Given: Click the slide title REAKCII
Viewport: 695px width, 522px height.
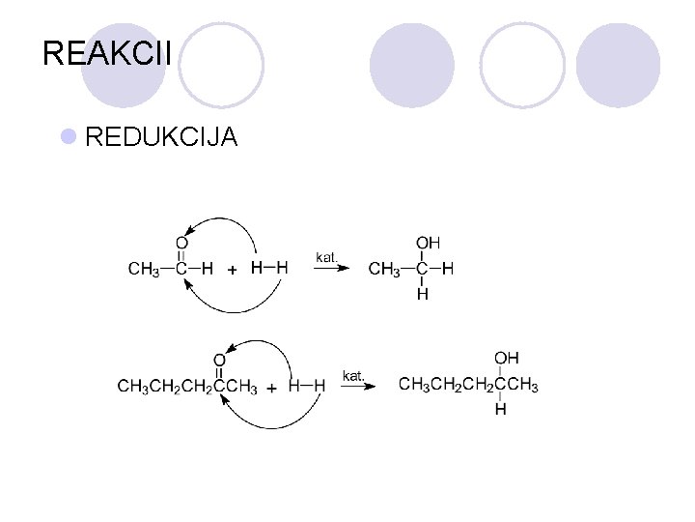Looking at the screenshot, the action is point(107,53).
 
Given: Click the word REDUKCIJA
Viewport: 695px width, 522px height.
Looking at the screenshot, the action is point(161,137).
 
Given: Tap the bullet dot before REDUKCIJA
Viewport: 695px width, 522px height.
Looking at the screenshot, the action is point(69,137).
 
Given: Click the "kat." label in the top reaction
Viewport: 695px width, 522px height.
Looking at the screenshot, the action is point(327,257).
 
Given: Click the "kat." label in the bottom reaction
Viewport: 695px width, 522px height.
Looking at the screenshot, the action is point(353,374).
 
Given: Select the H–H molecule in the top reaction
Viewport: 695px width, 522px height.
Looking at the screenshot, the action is point(269,267).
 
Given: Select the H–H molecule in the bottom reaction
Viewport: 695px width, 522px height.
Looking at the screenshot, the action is point(307,386).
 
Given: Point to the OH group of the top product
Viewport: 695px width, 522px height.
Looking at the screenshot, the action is point(429,242).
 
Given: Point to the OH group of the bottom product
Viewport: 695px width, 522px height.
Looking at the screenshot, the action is point(508,360).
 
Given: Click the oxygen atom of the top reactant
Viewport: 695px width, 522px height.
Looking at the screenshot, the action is point(181,242).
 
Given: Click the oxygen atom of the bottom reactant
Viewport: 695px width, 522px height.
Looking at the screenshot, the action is point(219,361).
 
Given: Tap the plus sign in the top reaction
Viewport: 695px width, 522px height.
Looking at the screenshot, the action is point(232,270).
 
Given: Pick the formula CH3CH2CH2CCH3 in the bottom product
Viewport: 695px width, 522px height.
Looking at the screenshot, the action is point(468,386).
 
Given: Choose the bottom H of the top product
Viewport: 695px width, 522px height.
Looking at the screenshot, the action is point(422,294).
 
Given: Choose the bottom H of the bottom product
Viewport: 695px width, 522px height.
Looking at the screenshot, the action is point(500,410).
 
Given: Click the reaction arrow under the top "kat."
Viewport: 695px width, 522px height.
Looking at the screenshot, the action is point(329,269).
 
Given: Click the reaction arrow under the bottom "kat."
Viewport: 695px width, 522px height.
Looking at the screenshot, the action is point(356,386).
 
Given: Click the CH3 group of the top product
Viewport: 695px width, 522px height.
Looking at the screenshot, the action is point(384,269).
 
